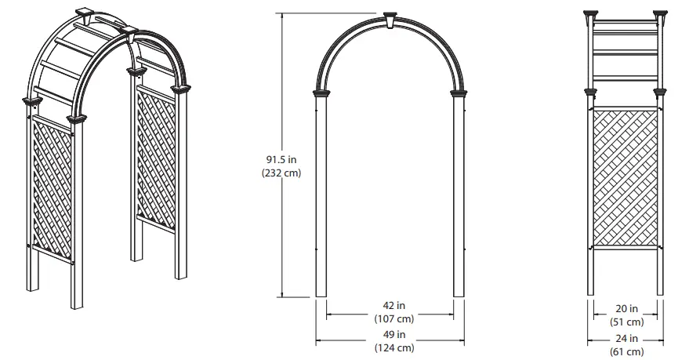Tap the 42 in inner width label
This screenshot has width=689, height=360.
pyautogui.click(x=395, y=306)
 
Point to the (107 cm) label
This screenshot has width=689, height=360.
pyautogui.click(x=395, y=318)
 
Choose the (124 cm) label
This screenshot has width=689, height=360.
pyautogui.click(x=395, y=347)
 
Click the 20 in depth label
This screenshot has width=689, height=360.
pyautogui.click(x=626, y=309)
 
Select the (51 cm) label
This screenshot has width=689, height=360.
pyautogui.click(x=626, y=322)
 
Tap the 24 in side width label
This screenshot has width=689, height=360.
pyautogui.click(x=626, y=338)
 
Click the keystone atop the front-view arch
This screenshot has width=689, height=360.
pyautogui.click(x=390, y=20)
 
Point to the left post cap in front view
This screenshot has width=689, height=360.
pyautogui.click(x=320, y=95)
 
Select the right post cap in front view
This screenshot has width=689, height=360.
pyautogui.click(x=459, y=95)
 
